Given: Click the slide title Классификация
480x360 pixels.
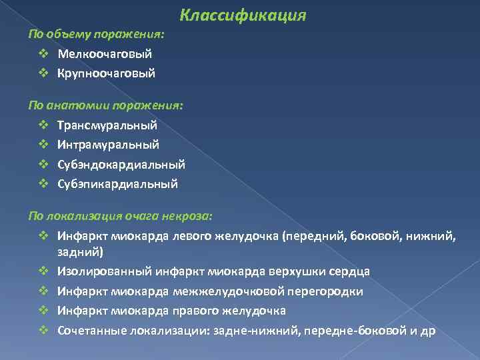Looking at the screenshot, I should click(x=243, y=15).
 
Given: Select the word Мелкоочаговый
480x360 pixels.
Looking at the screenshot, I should click(x=105, y=53).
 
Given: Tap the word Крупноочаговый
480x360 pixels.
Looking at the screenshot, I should click(x=107, y=73).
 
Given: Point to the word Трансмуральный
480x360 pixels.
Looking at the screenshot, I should click(x=107, y=125).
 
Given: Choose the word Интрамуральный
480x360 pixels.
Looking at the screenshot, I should click(x=109, y=144).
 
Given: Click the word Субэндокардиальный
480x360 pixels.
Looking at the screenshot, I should click(x=121, y=164).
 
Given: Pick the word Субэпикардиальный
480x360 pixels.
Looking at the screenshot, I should click(x=118, y=183).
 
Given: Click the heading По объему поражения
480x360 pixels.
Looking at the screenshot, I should click(x=97, y=33).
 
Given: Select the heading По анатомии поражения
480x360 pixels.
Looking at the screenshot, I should click(x=105, y=105).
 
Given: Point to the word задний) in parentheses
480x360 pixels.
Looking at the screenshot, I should click(x=80, y=252).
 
